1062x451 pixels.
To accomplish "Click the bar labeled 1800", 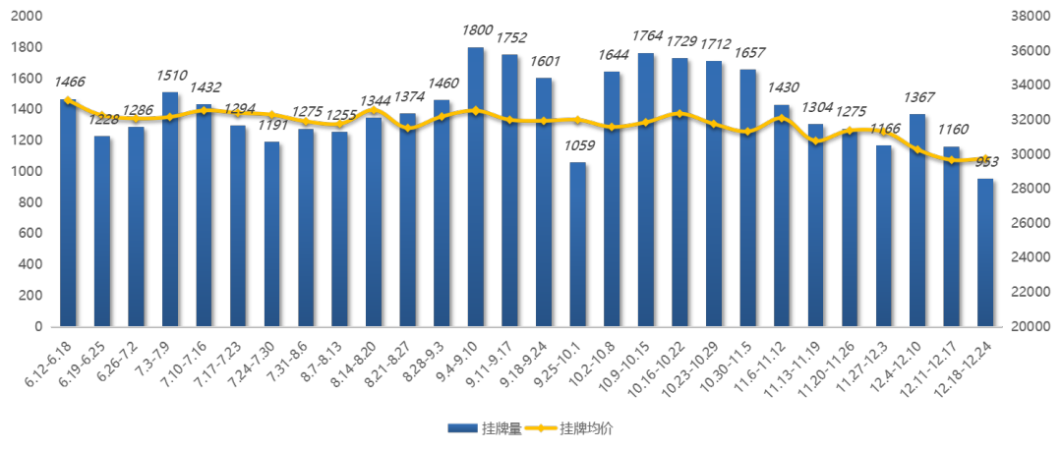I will (x=476, y=187).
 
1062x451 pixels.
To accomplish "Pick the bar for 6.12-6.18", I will (x=68, y=212).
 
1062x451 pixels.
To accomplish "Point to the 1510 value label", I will (x=170, y=75).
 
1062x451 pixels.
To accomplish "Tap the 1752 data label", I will (x=510, y=37).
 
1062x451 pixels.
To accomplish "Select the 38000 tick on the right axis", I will (x=1026, y=17).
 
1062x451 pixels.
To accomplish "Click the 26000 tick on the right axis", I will (x=1026, y=223).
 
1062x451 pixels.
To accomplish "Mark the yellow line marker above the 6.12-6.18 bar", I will (x=68, y=100).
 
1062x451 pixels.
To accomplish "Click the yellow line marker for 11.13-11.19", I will (x=815, y=141).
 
